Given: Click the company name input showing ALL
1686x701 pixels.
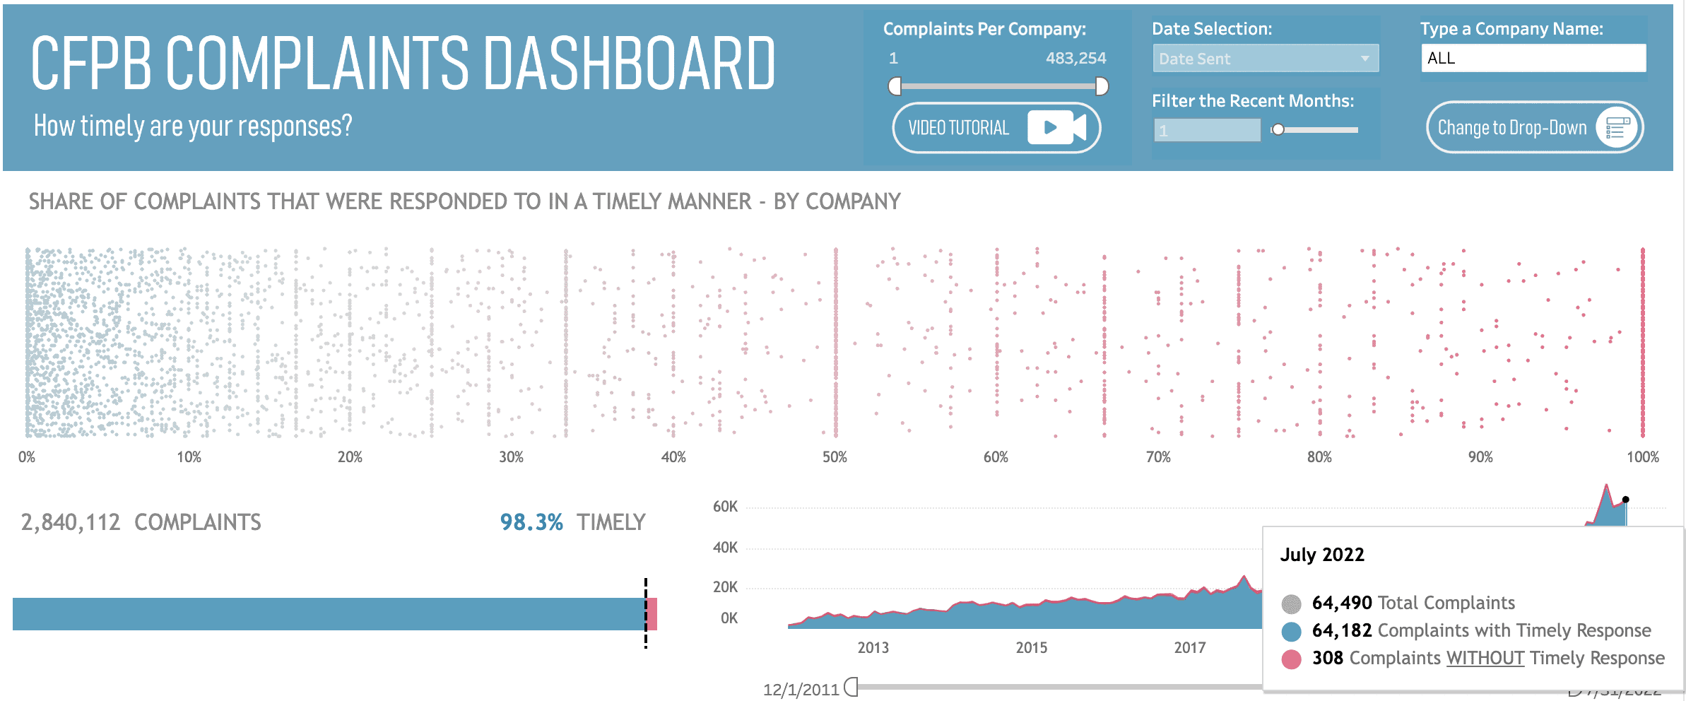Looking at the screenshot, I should click(1533, 58).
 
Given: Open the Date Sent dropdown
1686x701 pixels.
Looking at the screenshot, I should click(1265, 59).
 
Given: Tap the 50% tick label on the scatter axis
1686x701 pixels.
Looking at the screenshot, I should click(835, 457).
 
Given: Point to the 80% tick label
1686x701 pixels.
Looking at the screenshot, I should click(1319, 457).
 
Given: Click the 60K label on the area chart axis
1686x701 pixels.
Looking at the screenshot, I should click(725, 507).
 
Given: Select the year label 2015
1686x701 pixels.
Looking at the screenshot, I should click(1031, 647).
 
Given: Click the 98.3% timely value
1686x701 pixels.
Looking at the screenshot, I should click(531, 522).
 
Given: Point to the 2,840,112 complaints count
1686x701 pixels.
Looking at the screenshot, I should click(71, 522).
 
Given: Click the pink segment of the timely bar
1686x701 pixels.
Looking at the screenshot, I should click(652, 614).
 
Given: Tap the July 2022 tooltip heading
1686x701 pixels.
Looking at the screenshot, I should click(1322, 555).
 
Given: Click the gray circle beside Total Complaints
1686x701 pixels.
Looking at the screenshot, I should click(1292, 603).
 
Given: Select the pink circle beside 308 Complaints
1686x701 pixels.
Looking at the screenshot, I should click(1292, 659).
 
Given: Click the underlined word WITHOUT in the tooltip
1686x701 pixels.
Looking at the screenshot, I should click(1485, 658).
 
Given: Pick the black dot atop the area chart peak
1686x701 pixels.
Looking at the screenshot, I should click(1626, 500).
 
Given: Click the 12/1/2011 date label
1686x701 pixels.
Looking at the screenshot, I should click(801, 689).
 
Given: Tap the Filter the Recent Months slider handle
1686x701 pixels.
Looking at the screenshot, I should click(1278, 129).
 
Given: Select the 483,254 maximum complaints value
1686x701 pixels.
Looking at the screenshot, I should click(1075, 58).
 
